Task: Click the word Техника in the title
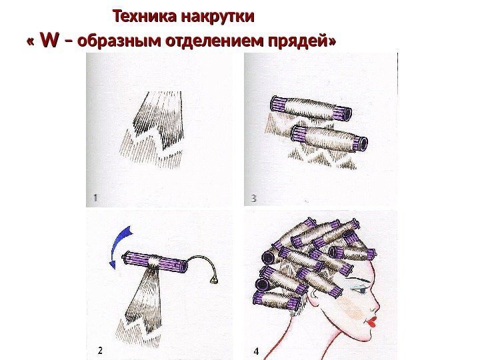(x=145, y=16)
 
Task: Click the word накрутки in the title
(x=218, y=17)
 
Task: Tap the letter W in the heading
(x=49, y=40)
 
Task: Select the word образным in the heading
(x=120, y=41)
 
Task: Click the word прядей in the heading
(x=299, y=41)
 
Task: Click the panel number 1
(x=95, y=198)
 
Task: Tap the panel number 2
(x=100, y=351)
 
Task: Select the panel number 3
(x=253, y=199)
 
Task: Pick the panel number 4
(x=257, y=351)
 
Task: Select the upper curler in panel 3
(x=311, y=109)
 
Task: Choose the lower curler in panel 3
(x=329, y=139)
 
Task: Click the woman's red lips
(x=373, y=322)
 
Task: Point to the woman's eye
(x=360, y=289)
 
